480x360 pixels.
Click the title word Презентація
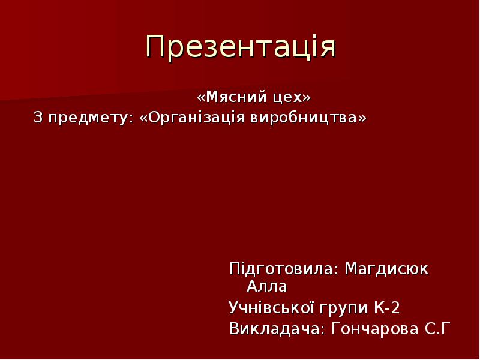[x=241, y=47]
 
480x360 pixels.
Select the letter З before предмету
[x=38, y=117]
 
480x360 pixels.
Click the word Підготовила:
[x=281, y=269]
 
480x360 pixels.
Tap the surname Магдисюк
[x=386, y=269]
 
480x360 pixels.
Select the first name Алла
[x=266, y=287]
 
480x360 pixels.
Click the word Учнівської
[x=271, y=307]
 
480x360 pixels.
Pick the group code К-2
[x=386, y=307]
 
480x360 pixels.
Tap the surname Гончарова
[x=374, y=329]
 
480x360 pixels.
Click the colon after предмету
[x=132, y=119]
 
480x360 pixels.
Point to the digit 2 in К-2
[x=395, y=307]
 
